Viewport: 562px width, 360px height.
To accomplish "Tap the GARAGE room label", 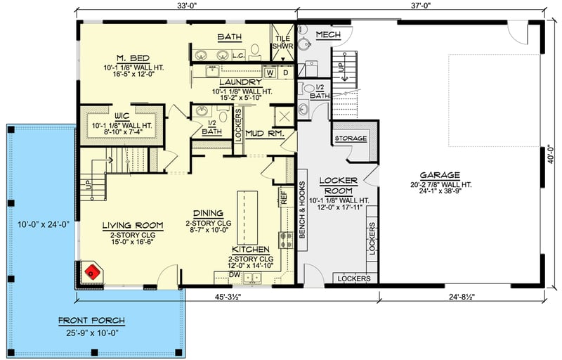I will (440, 175).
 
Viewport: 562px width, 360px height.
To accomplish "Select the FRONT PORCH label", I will (92, 321).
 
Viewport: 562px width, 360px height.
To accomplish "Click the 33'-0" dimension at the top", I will (186, 6).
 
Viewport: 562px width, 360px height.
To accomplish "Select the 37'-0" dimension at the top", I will (420, 6).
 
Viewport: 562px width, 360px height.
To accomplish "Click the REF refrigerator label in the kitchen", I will (284, 198).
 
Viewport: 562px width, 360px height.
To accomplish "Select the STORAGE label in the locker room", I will (350, 139).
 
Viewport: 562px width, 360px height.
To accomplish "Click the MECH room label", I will (328, 34).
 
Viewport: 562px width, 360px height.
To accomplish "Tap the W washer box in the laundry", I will (270, 72).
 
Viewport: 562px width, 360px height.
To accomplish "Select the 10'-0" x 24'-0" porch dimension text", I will (44, 225).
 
